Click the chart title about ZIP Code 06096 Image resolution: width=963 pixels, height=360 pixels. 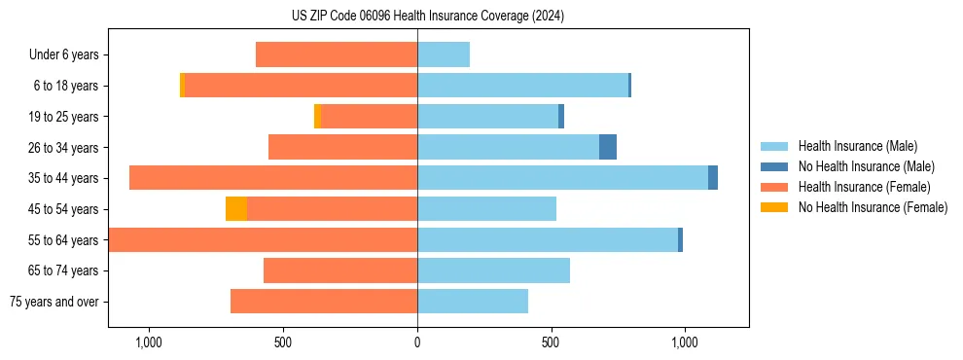(x=427, y=17)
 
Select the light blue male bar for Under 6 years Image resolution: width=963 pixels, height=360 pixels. (x=444, y=54)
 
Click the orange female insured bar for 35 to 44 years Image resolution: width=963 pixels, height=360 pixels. (x=273, y=178)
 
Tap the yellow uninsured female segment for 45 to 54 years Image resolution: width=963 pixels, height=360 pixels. (x=236, y=209)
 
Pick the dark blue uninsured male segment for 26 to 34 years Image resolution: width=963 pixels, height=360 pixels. (x=608, y=147)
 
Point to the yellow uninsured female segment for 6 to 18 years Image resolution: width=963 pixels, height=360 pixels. (x=182, y=86)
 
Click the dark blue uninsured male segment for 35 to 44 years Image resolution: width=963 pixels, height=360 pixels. (x=713, y=178)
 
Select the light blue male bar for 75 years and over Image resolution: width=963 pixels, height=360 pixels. (x=473, y=302)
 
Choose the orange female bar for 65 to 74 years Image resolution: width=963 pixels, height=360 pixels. (x=340, y=270)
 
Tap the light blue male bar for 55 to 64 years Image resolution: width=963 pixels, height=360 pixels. (x=548, y=239)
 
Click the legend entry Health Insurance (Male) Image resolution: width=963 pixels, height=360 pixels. (x=857, y=146)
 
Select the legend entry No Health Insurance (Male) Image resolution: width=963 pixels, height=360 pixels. (x=866, y=166)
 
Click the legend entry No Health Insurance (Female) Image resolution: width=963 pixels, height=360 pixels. (x=873, y=207)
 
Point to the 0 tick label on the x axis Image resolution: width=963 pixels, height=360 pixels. (x=417, y=342)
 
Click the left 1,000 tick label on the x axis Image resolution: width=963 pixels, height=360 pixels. (x=149, y=342)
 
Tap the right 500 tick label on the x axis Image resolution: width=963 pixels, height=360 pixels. (x=551, y=342)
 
